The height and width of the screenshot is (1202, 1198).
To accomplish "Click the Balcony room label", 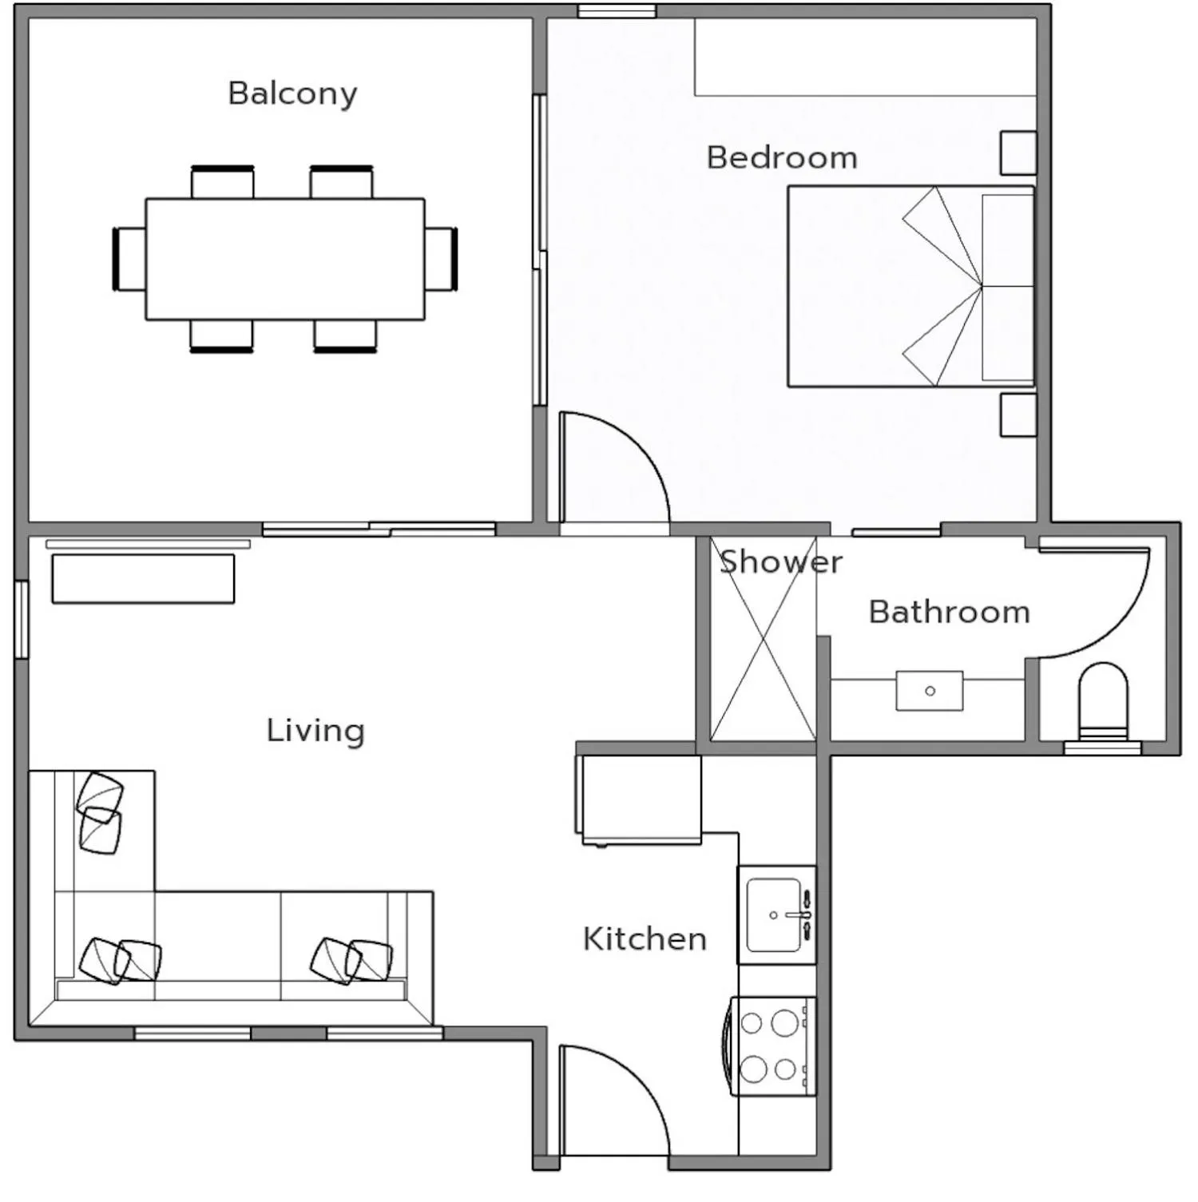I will (x=292, y=93).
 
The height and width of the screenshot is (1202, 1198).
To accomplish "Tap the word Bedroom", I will (x=782, y=157).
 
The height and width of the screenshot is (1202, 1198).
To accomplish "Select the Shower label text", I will (x=780, y=562).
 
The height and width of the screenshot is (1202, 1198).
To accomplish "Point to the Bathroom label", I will (x=949, y=612).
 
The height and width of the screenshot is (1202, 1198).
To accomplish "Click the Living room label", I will (x=315, y=730).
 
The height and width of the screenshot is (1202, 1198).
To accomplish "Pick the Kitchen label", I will (x=645, y=938).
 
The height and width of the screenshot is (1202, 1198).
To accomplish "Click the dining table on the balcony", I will (x=284, y=259).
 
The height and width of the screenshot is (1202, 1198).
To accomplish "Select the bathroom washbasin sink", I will (x=929, y=690).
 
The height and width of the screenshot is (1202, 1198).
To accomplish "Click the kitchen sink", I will (x=775, y=915).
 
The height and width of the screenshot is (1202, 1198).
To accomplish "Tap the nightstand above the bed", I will (x=1018, y=153).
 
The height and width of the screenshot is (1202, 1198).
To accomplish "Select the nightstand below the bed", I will (x=1018, y=415).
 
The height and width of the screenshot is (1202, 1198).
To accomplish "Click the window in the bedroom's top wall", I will (x=617, y=11).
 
